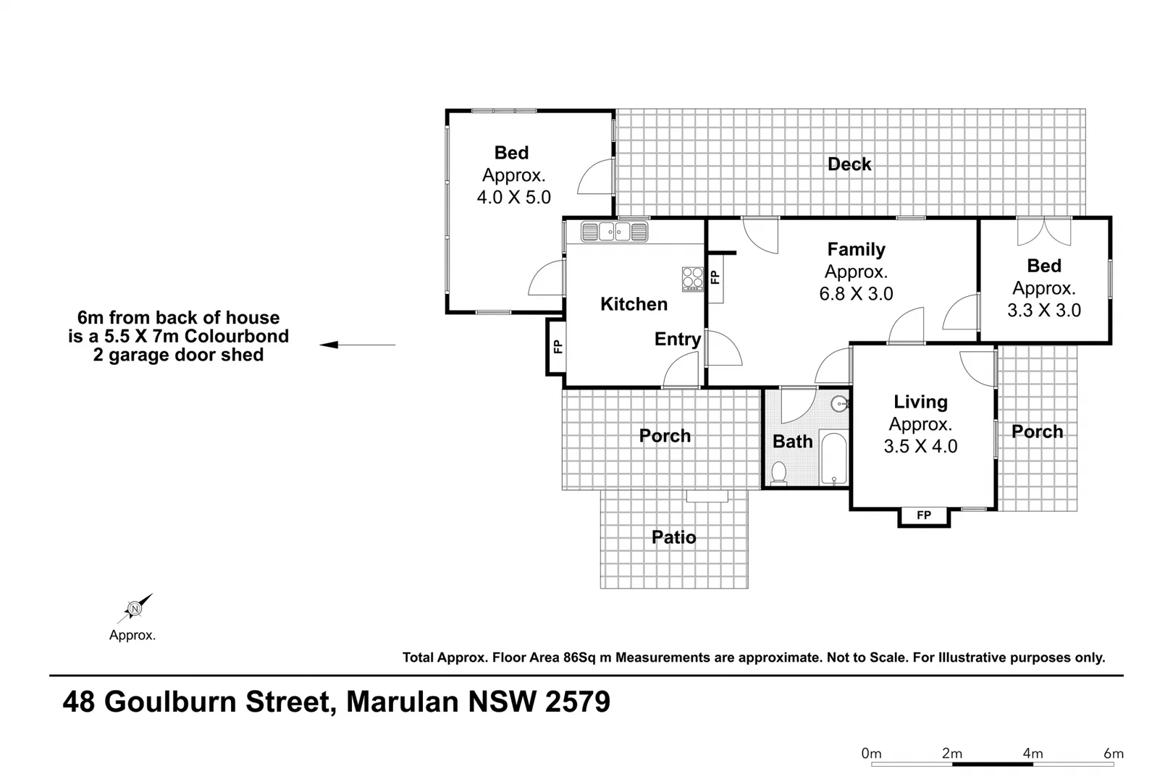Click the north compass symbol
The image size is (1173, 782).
click(x=135, y=608)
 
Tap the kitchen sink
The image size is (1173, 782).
click(x=614, y=232)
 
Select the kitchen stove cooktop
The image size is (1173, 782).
click(x=692, y=279)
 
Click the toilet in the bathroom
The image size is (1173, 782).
click(x=779, y=473)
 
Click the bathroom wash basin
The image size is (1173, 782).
click(x=839, y=404)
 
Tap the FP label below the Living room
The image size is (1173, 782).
click(x=924, y=516)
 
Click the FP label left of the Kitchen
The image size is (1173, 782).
click(x=557, y=347)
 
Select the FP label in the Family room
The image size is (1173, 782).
click(x=715, y=277)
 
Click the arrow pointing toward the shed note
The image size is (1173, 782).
click(x=357, y=345)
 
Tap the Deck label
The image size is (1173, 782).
click(x=849, y=164)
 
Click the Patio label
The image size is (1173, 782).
click(x=673, y=537)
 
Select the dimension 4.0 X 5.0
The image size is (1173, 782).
click(x=513, y=197)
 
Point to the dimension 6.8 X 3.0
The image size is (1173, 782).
click(x=856, y=294)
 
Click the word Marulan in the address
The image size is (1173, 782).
click(x=402, y=702)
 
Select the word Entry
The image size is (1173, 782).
click(x=677, y=339)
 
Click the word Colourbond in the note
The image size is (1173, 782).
click(x=236, y=336)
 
